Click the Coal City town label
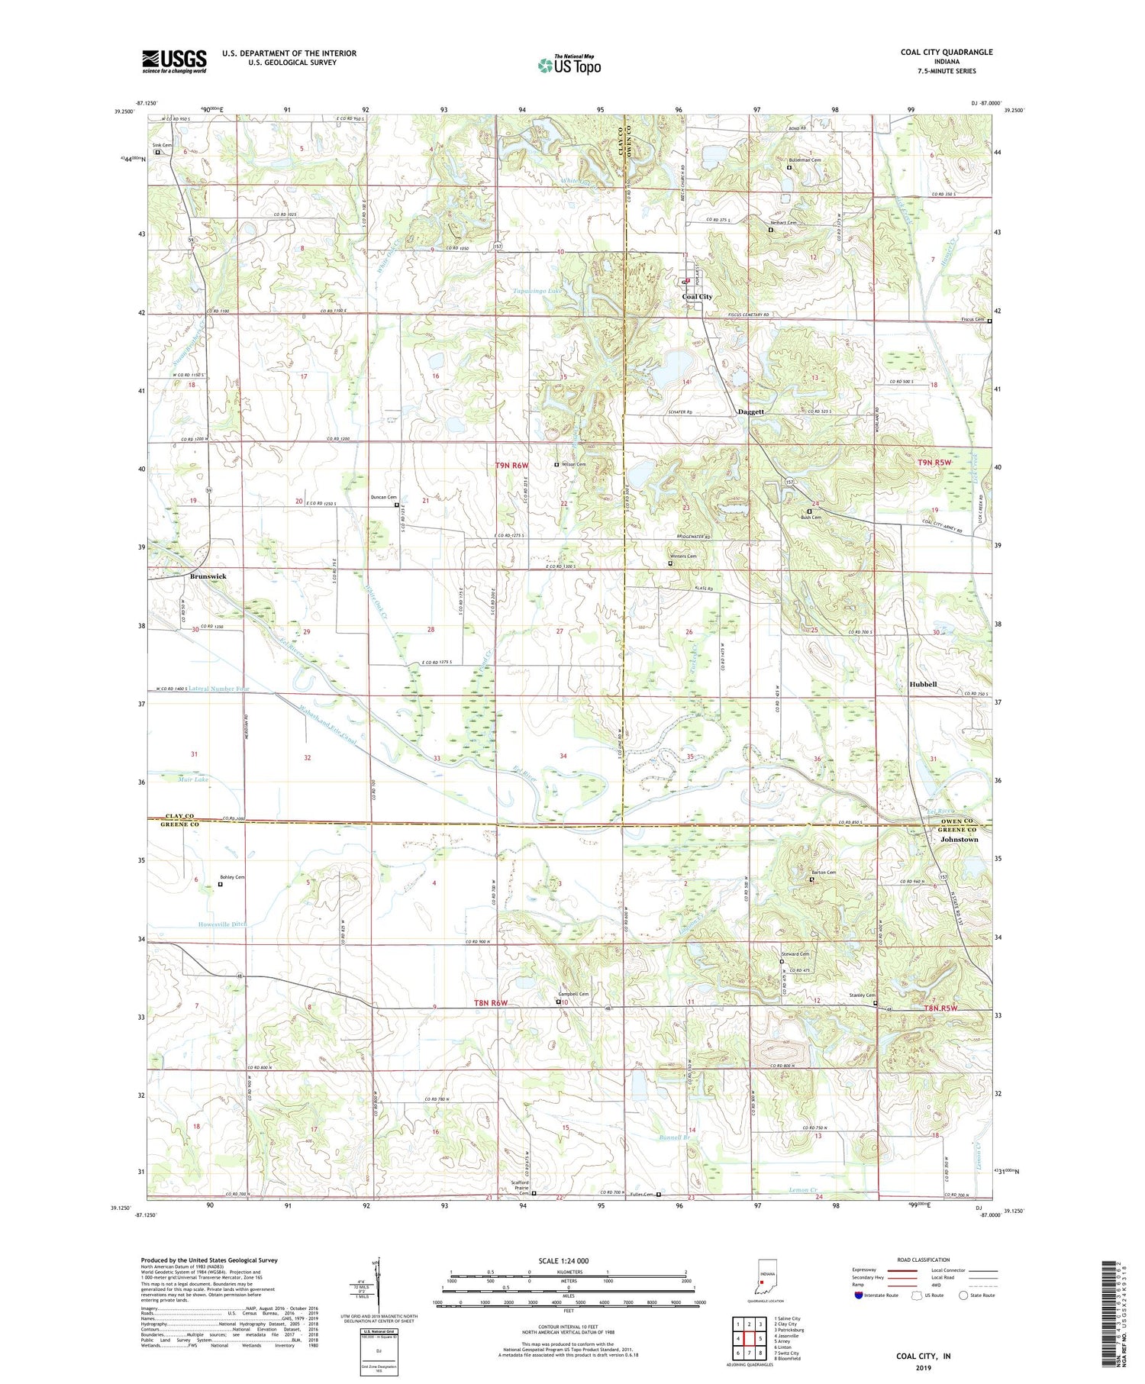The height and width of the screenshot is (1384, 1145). tap(696, 297)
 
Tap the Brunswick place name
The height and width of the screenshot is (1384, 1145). tap(208, 576)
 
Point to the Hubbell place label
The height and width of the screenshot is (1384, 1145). tap(922, 685)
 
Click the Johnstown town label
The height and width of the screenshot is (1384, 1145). tap(959, 839)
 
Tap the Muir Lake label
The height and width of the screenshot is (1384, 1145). tap(172, 779)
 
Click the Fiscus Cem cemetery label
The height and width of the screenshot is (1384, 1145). tap(971, 320)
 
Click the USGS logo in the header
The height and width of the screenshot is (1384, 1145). tap(174, 61)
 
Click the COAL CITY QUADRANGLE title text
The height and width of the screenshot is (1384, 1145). tap(946, 52)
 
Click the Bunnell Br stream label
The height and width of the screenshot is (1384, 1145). tap(673, 1138)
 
